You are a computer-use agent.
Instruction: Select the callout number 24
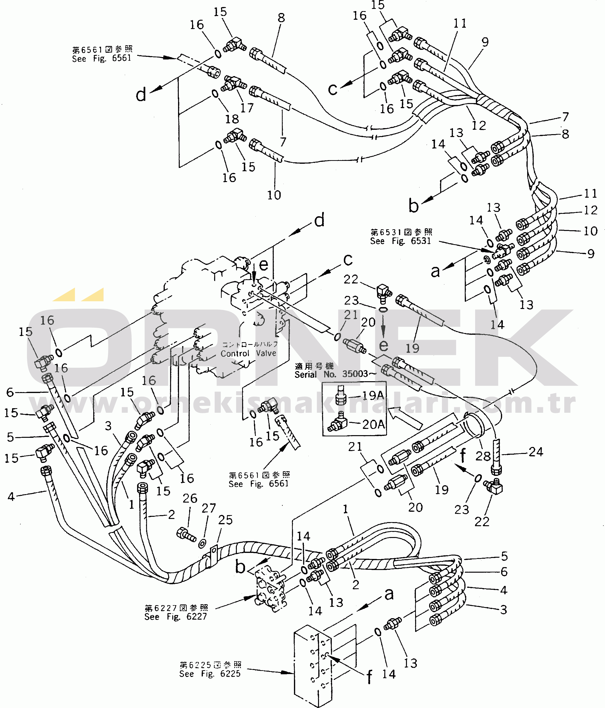[x=536, y=452]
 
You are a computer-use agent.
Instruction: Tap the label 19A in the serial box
[x=373, y=396]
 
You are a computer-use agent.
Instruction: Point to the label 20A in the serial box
[x=373, y=424]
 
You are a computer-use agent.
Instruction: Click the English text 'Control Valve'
[x=248, y=353]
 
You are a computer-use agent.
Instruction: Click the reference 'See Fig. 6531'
[x=401, y=241]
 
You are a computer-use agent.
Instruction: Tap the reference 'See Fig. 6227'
[x=176, y=617]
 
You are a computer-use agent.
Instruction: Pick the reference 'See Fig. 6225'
[x=210, y=674]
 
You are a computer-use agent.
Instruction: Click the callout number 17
[x=247, y=108]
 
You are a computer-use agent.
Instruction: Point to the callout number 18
[x=232, y=119]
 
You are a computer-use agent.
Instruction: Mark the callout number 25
[x=225, y=520]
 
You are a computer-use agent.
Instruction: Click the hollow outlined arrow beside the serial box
[x=405, y=417]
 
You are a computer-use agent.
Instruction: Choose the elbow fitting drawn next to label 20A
[x=338, y=423]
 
